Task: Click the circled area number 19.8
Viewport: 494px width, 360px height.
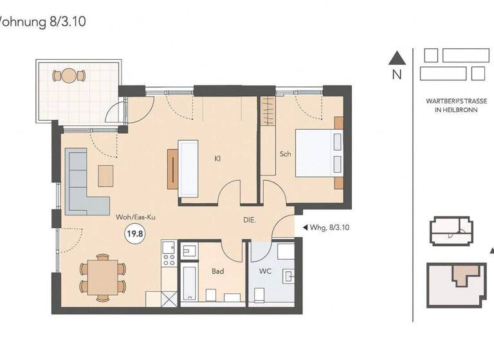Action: [x=135, y=234]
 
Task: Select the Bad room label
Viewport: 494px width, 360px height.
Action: [x=218, y=271]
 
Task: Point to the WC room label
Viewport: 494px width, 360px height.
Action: [x=266, y=271]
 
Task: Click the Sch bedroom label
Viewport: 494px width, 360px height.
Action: [x=286, y=154]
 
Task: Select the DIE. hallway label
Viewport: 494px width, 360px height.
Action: [x=251, y=220]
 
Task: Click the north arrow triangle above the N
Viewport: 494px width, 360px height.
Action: [x=397, y=58]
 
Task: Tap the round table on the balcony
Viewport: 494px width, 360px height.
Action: [x=69, y=76]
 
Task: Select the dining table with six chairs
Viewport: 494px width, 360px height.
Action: [x=103, y=276]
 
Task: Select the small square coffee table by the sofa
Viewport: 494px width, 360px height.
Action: [x=105, y=175]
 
